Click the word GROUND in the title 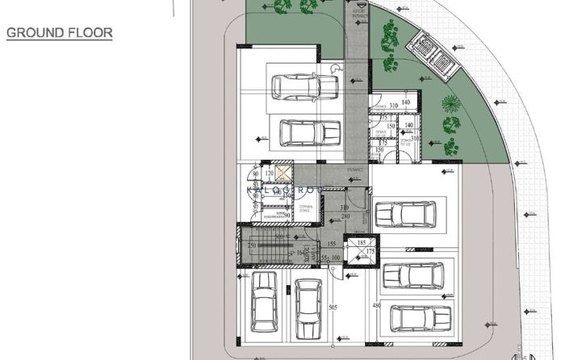33,34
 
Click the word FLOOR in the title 89,34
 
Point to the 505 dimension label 333,307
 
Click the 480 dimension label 375,306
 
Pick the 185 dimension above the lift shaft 362,242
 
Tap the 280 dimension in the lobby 345,216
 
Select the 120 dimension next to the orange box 269,174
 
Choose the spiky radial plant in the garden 450,105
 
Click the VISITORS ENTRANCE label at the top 358,8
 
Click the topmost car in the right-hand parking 405,215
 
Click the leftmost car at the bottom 263,308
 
